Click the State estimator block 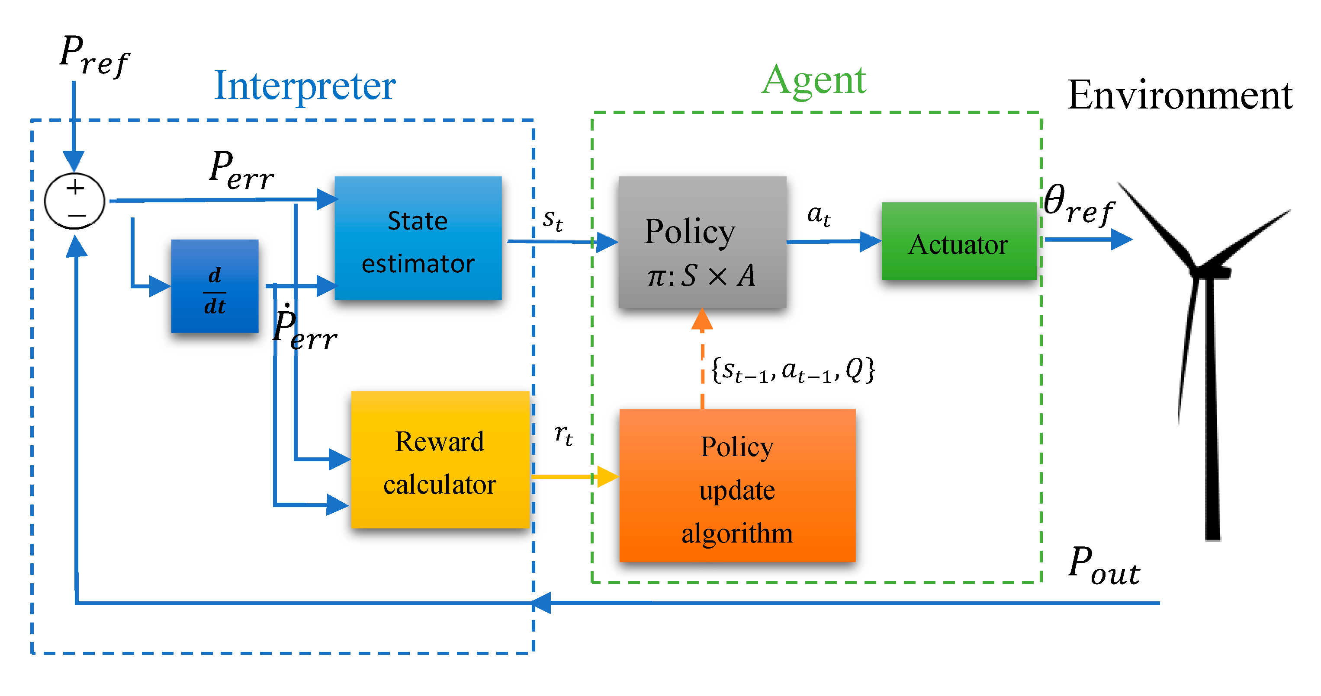pyautogui.click(x=418, y=238)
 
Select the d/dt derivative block pyautogui.click(x=214, y=286)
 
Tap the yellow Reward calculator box pyautogui.click(x=440, y=460)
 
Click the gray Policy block pyautogui.click(x=702, y=243)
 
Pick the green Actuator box pyautogui.click(x=958, y=241)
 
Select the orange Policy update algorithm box pyautogui.click(x=737, y=485)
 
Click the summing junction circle pyautogui.click(x=75, y=201)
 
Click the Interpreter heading pyautogui.click(x=305, y=86)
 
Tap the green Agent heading pyautogui.click(x=813, y=80)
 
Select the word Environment pyautogui.click(x=1180, y=96)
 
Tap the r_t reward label pyautogui.click(x=563, y=434)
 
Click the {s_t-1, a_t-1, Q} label pyautogui.click(x=792, y=370)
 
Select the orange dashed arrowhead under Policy pyautogui.click(x=702, y=320)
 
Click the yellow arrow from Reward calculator pyautogui.click(x=574, y=477)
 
